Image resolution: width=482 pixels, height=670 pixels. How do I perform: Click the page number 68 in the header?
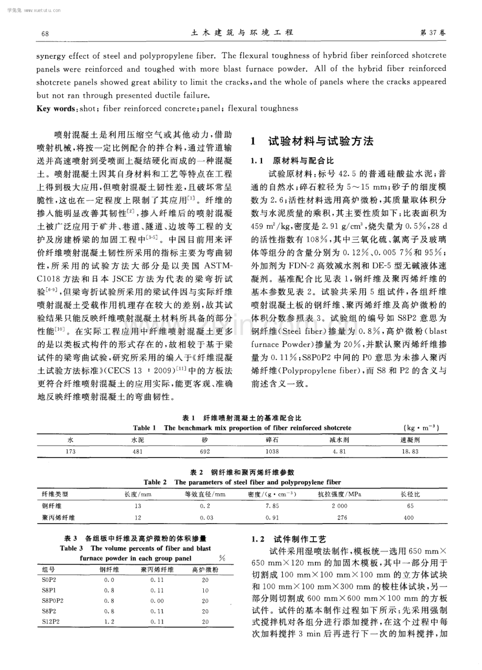[x=45, y=34]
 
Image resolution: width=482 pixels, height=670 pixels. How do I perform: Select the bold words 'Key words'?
[x=54, y=109]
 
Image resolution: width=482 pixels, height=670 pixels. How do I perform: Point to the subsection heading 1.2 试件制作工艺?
[x=289, y=539]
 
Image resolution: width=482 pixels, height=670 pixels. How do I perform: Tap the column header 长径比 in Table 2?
[x=410, y=494]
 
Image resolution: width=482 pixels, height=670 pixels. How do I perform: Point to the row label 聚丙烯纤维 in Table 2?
[x=58, y=517]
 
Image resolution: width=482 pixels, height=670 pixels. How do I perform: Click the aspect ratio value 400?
[x=410, y=517]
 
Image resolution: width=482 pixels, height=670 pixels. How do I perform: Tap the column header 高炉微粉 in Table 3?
[x=205, y=570]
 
